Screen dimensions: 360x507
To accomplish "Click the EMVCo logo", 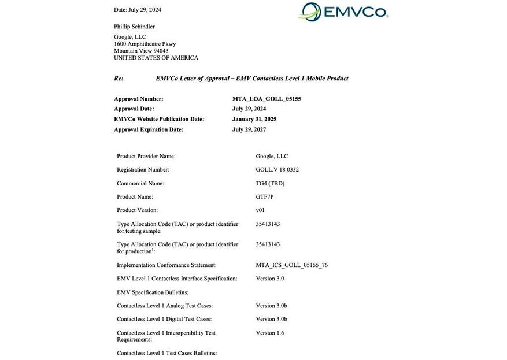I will click(x=343, y=12).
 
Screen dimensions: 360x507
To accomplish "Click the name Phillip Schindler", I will click(x=134, y=27).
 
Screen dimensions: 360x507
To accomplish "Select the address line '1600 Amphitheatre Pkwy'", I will click(x=145, y=44).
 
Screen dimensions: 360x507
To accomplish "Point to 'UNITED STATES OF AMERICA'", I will click(x=156, y=58).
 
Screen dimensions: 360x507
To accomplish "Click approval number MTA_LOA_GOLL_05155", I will click(x=267, y=99).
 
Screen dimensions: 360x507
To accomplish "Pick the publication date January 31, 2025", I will click(x=254, y=119).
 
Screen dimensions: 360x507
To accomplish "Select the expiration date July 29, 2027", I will click(x=249, y=129).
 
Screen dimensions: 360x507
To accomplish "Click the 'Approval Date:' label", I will click(x=134, y=109).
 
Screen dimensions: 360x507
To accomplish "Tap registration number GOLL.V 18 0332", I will click(x=277, y=170).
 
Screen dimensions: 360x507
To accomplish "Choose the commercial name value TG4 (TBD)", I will click(x=270, y=183).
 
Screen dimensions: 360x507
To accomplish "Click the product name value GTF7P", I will click(x=265, y=197).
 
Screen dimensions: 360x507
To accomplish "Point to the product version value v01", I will click(x=260, y=210).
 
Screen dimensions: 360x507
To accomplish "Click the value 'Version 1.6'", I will click(x=270, y=333).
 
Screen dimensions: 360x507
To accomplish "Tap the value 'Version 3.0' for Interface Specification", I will click(x=270, y=279).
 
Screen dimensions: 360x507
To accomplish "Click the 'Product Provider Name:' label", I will click(x=146, y=156).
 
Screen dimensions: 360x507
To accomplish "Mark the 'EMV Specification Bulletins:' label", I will click(x=153, y=292).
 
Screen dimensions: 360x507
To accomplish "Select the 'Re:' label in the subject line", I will click(x=119, y=78).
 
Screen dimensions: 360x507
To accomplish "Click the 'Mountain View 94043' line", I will click(x=141, y=51).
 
